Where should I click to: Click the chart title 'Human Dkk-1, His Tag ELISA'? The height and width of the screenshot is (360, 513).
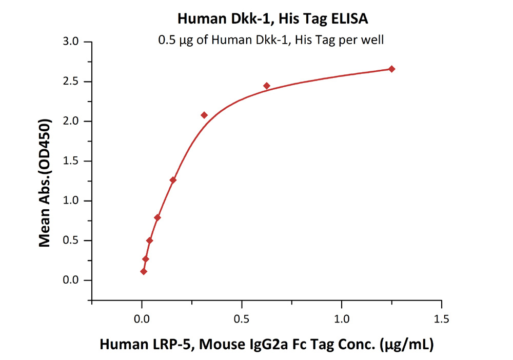coord(273,19)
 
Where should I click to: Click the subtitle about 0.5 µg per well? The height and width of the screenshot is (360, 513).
coord(270,39)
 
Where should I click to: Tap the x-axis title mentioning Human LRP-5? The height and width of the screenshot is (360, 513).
coord(266,345)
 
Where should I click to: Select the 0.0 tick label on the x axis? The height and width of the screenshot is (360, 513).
coord(142,319)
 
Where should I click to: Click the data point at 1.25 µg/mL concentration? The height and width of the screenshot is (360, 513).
coord(392,69)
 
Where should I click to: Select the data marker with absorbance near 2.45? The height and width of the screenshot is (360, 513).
coord(267,86)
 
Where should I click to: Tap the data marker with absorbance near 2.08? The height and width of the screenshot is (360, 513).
coord(204,115)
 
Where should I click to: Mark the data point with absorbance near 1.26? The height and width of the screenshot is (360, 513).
coord(173,180)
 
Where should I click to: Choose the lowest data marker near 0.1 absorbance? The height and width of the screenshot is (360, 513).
coord(144,271)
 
